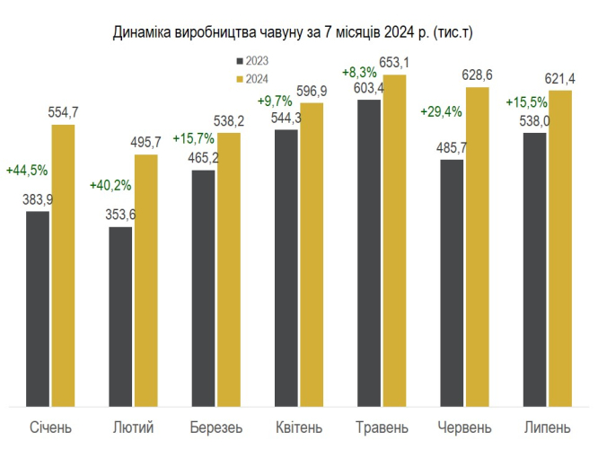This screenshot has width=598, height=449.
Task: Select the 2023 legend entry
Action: [x=252, y=62]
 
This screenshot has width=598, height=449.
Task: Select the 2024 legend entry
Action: [x=252, y=79]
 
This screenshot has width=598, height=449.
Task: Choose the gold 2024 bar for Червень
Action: [x=477, y=247]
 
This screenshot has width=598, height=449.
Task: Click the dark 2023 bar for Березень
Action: [x=203, y=288]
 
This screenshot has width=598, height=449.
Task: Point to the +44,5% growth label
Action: [x=27, y=170]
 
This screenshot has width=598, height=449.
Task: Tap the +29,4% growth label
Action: [x=441, y=112]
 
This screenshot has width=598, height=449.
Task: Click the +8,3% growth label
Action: [x=359, y=71]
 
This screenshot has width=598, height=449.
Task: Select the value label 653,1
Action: [x=395, y=63]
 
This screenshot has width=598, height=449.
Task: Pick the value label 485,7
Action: [x=452, y=146]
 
